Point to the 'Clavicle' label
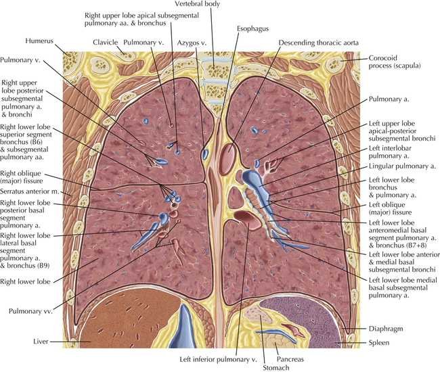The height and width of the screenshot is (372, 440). (106, 41)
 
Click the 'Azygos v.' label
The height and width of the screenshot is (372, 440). (192, 41)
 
